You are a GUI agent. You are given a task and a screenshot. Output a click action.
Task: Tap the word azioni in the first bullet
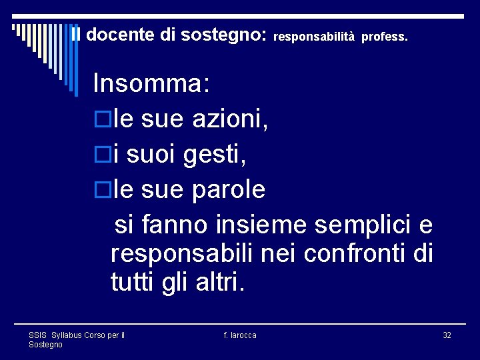(230, 120)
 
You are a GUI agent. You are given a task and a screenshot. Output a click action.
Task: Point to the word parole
(229, 191)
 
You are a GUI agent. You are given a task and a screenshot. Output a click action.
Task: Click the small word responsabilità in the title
(314, 37)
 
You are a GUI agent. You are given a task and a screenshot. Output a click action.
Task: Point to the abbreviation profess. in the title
(385, 37)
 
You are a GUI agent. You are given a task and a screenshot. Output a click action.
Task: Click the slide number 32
(447, 335)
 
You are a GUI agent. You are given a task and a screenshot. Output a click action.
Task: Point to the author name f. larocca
(240, 335)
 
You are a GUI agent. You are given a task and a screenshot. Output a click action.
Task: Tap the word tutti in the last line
(133, 283)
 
